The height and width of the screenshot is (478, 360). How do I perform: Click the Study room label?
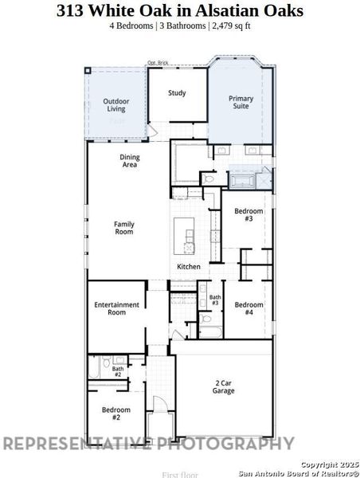pos(177,93)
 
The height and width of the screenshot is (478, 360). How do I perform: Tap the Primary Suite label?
pos(241,104)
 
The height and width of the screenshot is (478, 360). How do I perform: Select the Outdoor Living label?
pos(116,104)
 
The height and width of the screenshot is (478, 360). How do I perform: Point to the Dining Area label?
pos(130,161)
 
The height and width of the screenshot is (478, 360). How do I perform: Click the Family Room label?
pos(123,228)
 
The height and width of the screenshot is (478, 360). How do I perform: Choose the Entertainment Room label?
pos(116,308)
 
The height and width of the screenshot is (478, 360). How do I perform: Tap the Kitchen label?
pos(189,266)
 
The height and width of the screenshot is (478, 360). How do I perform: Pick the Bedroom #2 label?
pos(111,413)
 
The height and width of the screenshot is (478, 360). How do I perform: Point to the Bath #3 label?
pos(215,300)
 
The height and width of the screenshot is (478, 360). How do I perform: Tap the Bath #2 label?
pos(117,371)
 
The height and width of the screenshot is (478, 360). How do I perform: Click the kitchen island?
pos(189,236)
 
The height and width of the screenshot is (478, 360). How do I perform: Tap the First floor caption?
pos(179,474)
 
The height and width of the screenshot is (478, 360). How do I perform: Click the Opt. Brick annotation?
pos(158,63)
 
